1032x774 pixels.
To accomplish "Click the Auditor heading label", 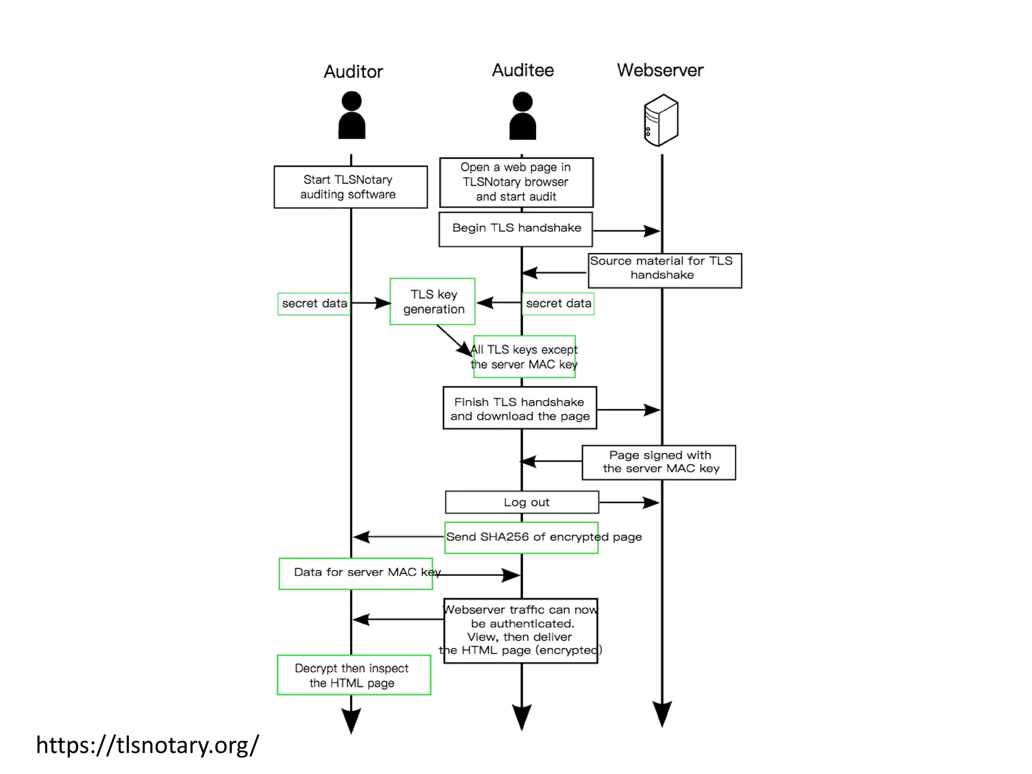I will tap(353, 72).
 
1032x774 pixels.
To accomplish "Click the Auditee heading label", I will tap(523, 70).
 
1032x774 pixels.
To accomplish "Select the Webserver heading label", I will tap(660, 70).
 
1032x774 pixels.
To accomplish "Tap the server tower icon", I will tap(661, 120).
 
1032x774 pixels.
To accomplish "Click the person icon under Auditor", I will tap(351, 115).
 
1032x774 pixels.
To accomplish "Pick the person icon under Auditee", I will tap(523, 116).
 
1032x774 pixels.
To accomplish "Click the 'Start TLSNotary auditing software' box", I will tap(350, 187).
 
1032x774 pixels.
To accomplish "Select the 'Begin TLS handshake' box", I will tap(515, 229).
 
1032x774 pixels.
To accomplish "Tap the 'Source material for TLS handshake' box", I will tap(664, 271).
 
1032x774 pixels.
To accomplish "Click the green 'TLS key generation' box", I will tap(432, 301).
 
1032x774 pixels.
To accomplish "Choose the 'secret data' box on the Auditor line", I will tap(314, 304).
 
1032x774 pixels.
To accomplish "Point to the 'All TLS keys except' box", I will tap(524, 357).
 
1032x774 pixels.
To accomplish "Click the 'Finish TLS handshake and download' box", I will tap(520, 408).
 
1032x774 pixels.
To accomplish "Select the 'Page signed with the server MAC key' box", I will tap(659, 462).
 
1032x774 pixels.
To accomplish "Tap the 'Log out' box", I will tap(522, 502).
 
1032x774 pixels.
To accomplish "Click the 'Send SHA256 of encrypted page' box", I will tap(522, 538).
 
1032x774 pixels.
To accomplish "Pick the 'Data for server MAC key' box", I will tap(356, 573).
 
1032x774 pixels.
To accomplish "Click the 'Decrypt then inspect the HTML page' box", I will tap(354, 675).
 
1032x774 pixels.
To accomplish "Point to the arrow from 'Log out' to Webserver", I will tap(629, 502).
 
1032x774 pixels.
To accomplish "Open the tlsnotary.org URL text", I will tap(147, 745).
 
